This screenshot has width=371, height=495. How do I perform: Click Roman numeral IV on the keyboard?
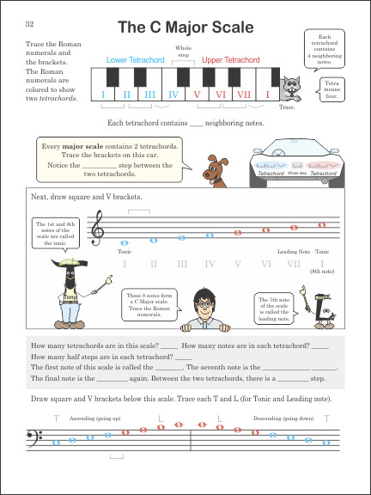click(173, 95)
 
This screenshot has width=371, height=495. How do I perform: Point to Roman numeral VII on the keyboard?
click(244, 95)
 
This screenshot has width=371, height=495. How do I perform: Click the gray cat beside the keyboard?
click(291, 89)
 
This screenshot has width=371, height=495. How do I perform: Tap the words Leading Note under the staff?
click(293, 252)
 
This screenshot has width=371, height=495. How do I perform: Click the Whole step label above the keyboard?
click(183, 51)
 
